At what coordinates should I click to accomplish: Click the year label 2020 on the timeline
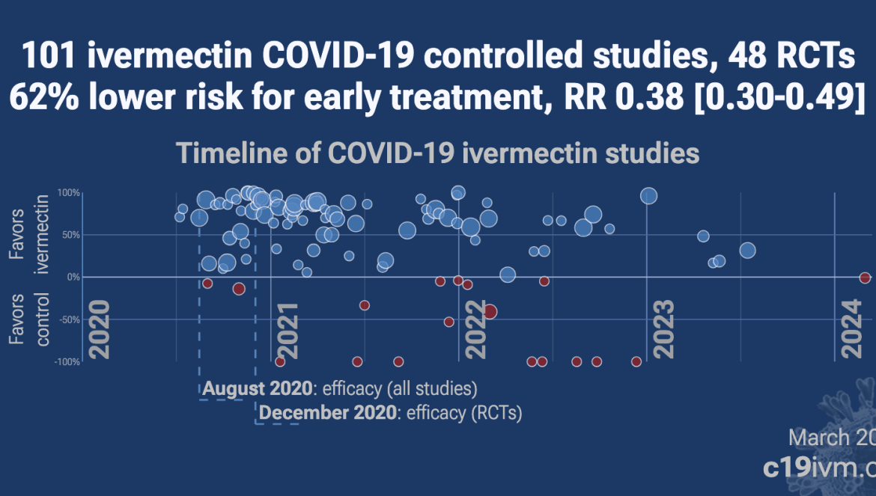(x=99, y=330)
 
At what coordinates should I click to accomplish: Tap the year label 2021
(x=287, y=330)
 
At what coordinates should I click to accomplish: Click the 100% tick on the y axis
(x=68, y=193)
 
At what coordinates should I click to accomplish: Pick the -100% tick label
(x=66, y=362)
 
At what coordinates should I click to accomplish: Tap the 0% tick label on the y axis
(x=73, y=278)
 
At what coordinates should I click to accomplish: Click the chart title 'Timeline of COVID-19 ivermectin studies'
(x=438, y=153)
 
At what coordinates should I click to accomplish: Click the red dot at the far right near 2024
(x=865, y=278)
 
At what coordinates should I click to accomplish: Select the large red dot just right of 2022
(x=490, y=312)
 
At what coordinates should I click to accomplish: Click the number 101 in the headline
(x=47, y=55)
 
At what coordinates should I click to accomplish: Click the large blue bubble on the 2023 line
(x=648, y=196)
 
